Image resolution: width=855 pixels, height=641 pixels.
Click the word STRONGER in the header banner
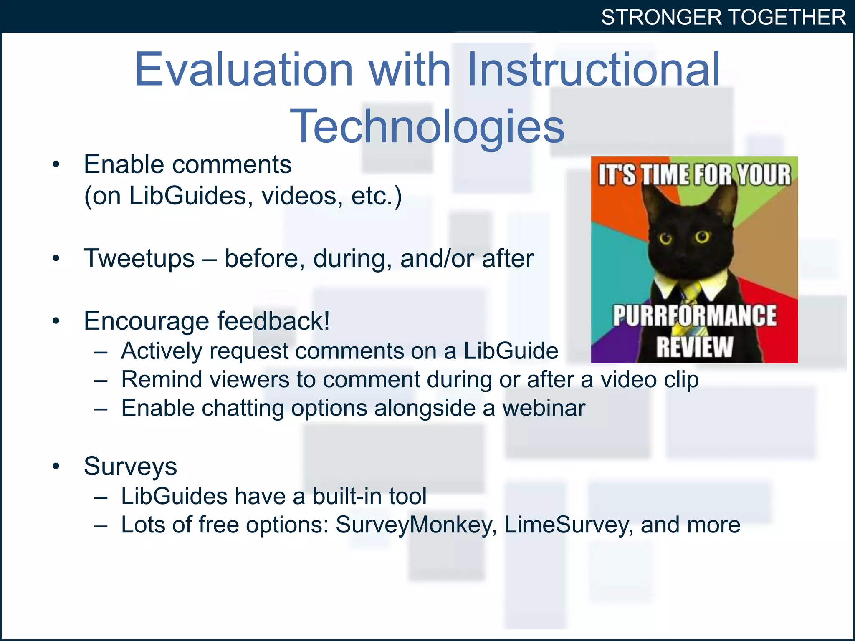[661, 18]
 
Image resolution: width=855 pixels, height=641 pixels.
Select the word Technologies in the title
[427, 126]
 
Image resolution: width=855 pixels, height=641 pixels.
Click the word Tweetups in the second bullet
[139, 258]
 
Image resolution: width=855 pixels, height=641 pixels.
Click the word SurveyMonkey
[414, 525]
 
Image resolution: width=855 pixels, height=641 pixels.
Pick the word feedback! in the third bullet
[273, 321]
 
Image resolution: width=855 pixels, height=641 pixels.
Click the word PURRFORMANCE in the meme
[694, 316]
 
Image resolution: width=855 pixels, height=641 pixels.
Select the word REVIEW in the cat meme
[694, 347]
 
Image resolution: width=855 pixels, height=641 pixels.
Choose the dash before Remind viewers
[101, 380]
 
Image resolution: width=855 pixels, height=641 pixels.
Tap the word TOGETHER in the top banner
[787, 18]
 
